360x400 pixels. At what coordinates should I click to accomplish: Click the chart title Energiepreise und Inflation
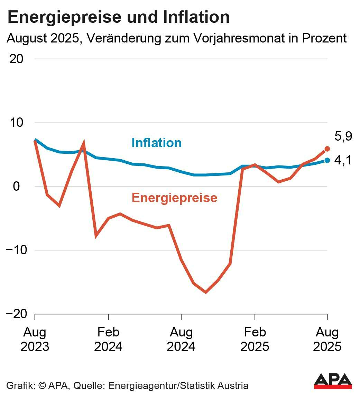[x=118, y=17]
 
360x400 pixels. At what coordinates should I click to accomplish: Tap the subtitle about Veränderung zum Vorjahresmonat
[x=176, y=38]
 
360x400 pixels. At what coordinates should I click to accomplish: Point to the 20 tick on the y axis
[x=16, y=59]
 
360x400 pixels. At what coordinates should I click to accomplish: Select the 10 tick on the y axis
[x=16, y=123]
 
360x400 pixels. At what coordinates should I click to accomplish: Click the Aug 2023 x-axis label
[x=35, y=339]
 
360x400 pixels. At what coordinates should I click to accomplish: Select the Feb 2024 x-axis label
[x=108, y=339]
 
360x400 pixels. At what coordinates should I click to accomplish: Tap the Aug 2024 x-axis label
[x=181, y=339]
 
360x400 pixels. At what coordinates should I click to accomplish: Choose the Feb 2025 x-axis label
[x=255, y=339]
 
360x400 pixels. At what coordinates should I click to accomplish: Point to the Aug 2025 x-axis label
[x=327, y=339]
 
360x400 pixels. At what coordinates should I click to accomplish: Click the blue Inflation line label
[x=156, y=143]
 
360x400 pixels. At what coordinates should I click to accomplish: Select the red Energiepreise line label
[x=174, y=198]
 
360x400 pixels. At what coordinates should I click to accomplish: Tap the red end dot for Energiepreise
[x=327, y=149]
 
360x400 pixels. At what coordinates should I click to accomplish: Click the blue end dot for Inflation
[x=327, y=160]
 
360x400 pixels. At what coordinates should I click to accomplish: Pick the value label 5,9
[x=343, y=136]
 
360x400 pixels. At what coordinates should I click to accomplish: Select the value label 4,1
[x=343, y=160]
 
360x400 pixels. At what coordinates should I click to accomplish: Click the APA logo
[x=333, y=381]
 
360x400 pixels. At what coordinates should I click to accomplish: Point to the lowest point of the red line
[x=206, y=293]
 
